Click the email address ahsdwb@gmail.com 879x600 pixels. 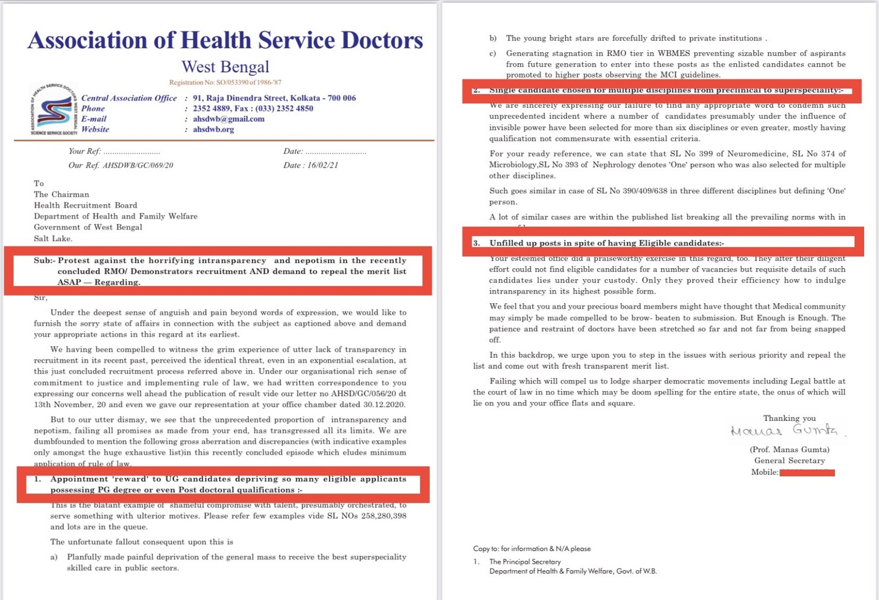click(x=228, y=119)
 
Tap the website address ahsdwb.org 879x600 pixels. click(x=213, y=129)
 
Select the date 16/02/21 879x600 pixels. click(x=323, y=165)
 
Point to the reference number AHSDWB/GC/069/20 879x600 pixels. click(x=137, y=165)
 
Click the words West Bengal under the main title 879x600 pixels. click(x=225, y=67)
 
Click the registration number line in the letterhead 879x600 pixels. click(x=225, y=82)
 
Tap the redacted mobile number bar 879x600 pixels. click(x=807, y=473)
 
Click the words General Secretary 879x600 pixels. click(x=789, y=460)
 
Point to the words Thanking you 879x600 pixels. click(x=789, y=418)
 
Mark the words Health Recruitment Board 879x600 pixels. click(x=85, y=205)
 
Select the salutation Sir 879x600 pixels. click(x=41, y=298)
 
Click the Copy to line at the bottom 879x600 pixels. click(x=532, y=548)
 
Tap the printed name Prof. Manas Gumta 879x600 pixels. click(x=789, y=449)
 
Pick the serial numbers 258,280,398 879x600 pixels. click(x=383, y=516)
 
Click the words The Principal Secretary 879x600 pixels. click(x=525, y=562)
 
